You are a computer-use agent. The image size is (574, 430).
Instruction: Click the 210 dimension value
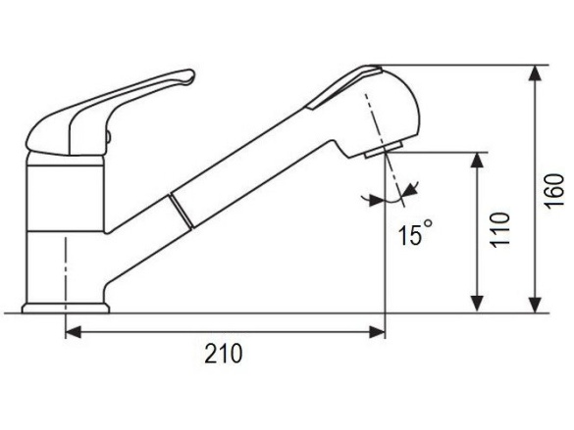point(224,354)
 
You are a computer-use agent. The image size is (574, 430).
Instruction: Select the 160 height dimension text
point(555,190)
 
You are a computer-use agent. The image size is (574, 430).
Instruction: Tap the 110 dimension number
point(500,231)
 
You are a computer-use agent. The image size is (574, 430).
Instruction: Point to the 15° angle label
point(414,235)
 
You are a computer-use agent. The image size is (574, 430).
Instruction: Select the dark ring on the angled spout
point(178,208)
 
